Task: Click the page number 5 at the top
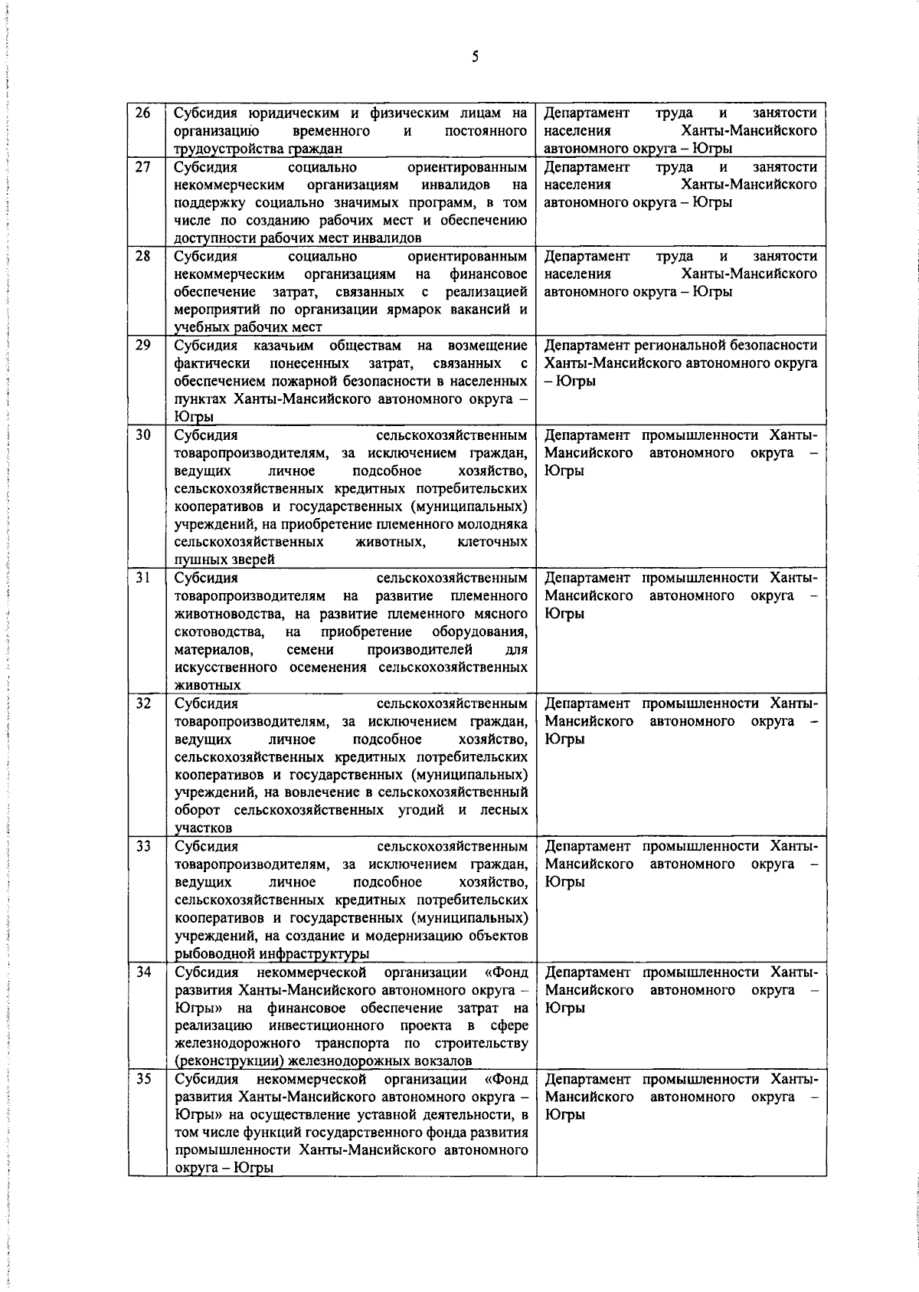pyautogui.click(x=475, y=57)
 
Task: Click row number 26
pyautogui.click(x=143, y=113)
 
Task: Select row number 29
pyautogui.click(x=143, y=345)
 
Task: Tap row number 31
pyautogui.click(x=143, y=577)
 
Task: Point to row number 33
pyautogui.click(x=143, y=846)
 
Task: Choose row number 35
pyautogui.click(x=143, y=1079)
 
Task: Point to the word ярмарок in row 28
pyautogui.click(x=424, y=310)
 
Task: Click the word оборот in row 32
pyautogui.click(x=197, y=810)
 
